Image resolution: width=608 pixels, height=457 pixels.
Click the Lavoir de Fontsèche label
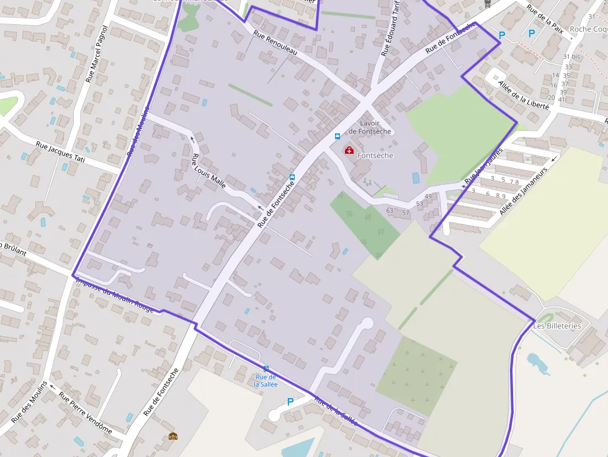coord(370,127)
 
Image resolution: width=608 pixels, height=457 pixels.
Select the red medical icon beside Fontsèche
coord(349,150)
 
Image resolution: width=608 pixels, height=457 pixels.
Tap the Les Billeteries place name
coord(557,326)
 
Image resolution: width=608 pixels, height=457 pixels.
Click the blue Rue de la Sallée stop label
coord(266,380)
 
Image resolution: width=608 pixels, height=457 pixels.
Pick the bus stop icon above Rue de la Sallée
coord(266,368)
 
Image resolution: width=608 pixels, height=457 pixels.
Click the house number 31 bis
coord(571,56)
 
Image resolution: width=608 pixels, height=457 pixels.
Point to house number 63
coord(390,211)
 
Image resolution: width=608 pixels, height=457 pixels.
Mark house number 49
coord(428,197)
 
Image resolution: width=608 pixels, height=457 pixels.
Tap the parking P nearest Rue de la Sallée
coord(290,402)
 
